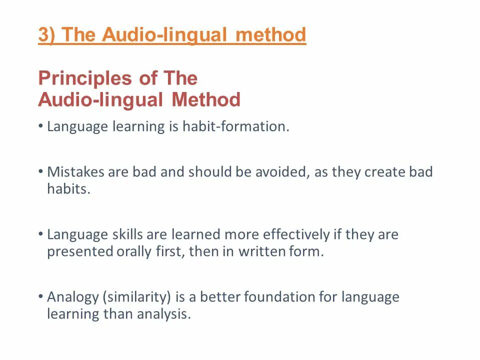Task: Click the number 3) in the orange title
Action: pyautogui.click(x=48, y=35)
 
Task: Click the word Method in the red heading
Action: pyautogui.click(x=206, y=100)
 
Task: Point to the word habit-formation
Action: pyautogui.click(x=235, y=127)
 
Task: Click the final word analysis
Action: pyautogui.click(x=166, y=315)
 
